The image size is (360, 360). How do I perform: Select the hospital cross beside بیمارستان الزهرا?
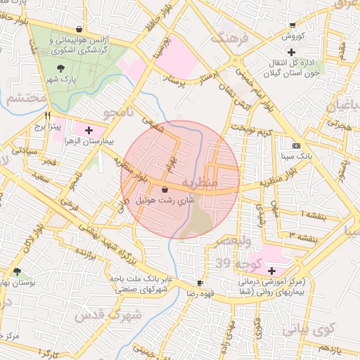point(89,130)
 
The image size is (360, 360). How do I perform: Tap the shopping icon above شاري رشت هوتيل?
point(165,190)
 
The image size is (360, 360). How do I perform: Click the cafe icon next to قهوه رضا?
point(201,284)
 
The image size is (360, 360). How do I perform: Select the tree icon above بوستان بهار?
point(18,271)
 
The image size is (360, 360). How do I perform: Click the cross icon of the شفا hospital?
point(271,271)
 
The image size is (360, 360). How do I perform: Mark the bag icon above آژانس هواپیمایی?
point(79,30)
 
